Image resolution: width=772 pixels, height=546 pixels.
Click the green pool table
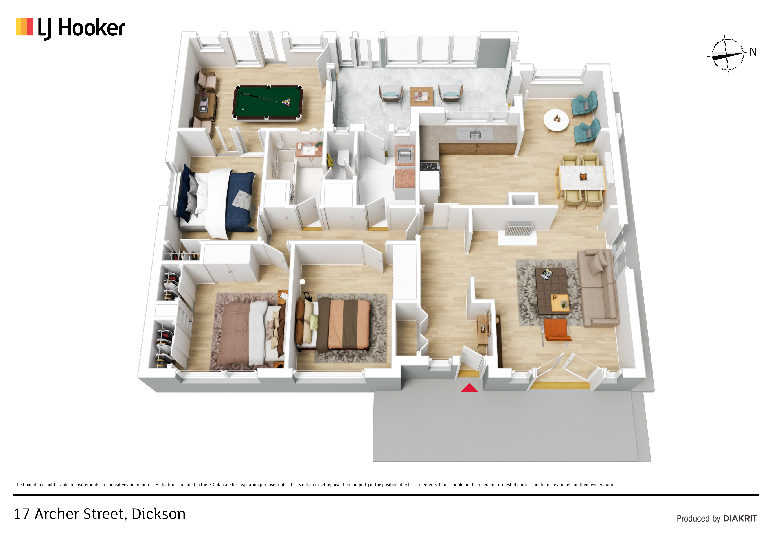(268, 103)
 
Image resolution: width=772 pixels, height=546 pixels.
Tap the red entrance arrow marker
(469, 388)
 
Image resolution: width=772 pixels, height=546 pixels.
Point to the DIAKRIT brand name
(740, 518)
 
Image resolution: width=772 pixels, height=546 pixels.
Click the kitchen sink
(475, 134)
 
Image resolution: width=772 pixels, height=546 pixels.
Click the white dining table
(581, 177)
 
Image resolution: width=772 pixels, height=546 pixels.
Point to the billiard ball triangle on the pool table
(286, 102)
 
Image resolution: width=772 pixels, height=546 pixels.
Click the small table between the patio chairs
(421, 97)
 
